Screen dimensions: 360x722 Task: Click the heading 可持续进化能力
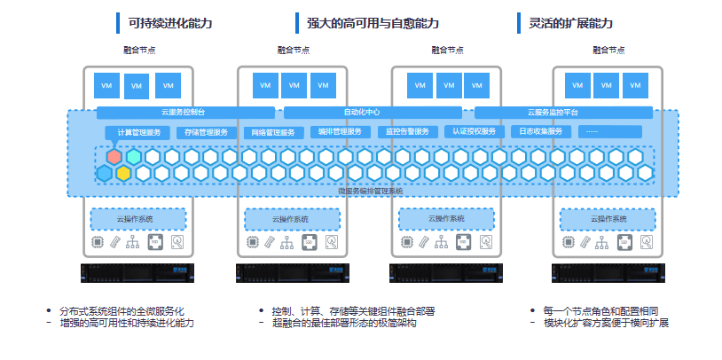coord(170,23)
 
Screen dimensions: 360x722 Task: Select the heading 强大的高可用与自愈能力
coord(373,23)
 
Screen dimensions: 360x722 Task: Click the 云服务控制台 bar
coord(184,113)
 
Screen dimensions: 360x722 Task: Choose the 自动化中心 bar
coord(373,113)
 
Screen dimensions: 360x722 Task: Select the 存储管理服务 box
coord(207,132)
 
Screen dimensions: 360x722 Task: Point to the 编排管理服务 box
coord(340,132)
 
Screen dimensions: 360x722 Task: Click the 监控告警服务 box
coord(407,132)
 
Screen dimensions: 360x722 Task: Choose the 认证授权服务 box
coord(474,132)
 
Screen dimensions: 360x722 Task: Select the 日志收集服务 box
coord(540,132)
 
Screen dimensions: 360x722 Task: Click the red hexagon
coord(114,157)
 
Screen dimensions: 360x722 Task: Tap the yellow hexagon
coord(123,172)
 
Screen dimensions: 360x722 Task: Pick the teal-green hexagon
coord(133,157)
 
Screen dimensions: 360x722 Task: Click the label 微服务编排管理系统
coord(371,190)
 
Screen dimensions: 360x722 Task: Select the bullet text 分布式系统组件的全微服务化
coord(122,311)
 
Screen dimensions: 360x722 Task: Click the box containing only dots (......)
coord(609,132)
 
